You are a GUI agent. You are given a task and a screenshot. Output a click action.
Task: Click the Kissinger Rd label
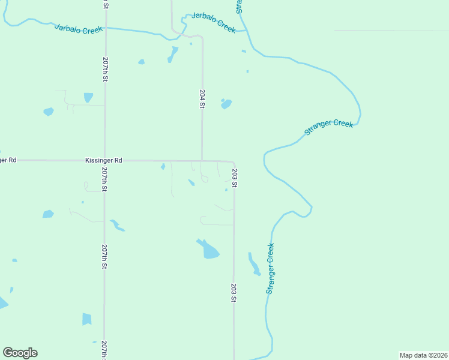tap(104, 161)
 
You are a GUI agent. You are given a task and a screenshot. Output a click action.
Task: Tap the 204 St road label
tap(202, 99)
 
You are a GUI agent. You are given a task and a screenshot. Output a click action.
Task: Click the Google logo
tap(20, 353)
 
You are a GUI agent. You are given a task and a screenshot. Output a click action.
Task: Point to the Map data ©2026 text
tap(423, 355)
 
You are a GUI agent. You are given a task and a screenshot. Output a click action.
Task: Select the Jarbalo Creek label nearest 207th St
tap(79, 28)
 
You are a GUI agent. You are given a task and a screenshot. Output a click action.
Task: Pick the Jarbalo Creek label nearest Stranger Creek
tap(214, 22)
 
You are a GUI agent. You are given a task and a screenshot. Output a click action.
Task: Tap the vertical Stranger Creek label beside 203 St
tap(270, 268)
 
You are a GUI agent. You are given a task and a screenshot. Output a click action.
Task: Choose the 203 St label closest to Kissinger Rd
tap(235, 178)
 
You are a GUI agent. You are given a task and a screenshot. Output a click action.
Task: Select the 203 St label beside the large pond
tap(234, 292)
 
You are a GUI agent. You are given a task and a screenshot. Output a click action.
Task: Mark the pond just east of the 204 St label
tap(226, 104)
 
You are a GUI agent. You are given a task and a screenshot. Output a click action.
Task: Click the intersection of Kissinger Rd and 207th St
tap(105, 161)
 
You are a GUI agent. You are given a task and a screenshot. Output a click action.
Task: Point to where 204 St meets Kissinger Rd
tap(202, 161)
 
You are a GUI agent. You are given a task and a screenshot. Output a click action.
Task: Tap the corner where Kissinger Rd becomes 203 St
tap(233, 163)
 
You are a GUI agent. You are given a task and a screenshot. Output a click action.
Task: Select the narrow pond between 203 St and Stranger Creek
tap(254, 264)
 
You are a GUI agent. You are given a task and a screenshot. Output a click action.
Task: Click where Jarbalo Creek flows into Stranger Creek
tap(247, 31)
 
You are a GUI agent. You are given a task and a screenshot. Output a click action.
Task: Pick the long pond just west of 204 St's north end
tap(173, 55)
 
